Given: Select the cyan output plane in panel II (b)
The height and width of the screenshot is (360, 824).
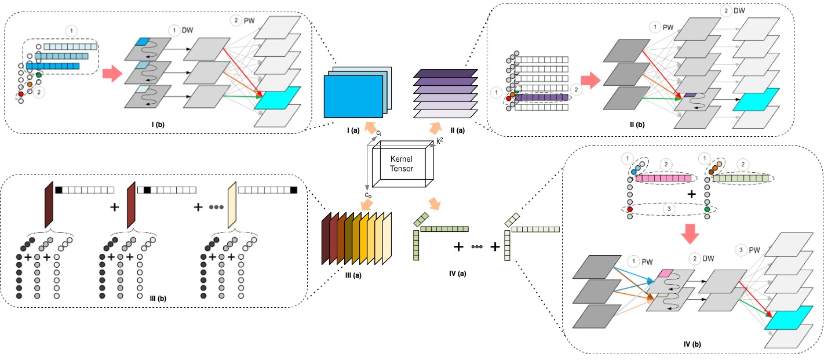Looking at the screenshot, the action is coord(756,100).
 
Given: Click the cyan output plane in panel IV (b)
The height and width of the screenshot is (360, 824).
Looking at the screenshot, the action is coord(787,321).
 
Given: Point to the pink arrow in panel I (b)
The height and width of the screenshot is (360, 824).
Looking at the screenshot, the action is coord(111,74).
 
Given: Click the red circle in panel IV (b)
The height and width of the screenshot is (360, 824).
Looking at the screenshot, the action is coord(630,209).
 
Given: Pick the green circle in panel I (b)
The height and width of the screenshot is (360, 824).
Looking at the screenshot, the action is coord(39,75).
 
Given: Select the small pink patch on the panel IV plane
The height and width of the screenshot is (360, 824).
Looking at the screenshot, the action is coord(665,272).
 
